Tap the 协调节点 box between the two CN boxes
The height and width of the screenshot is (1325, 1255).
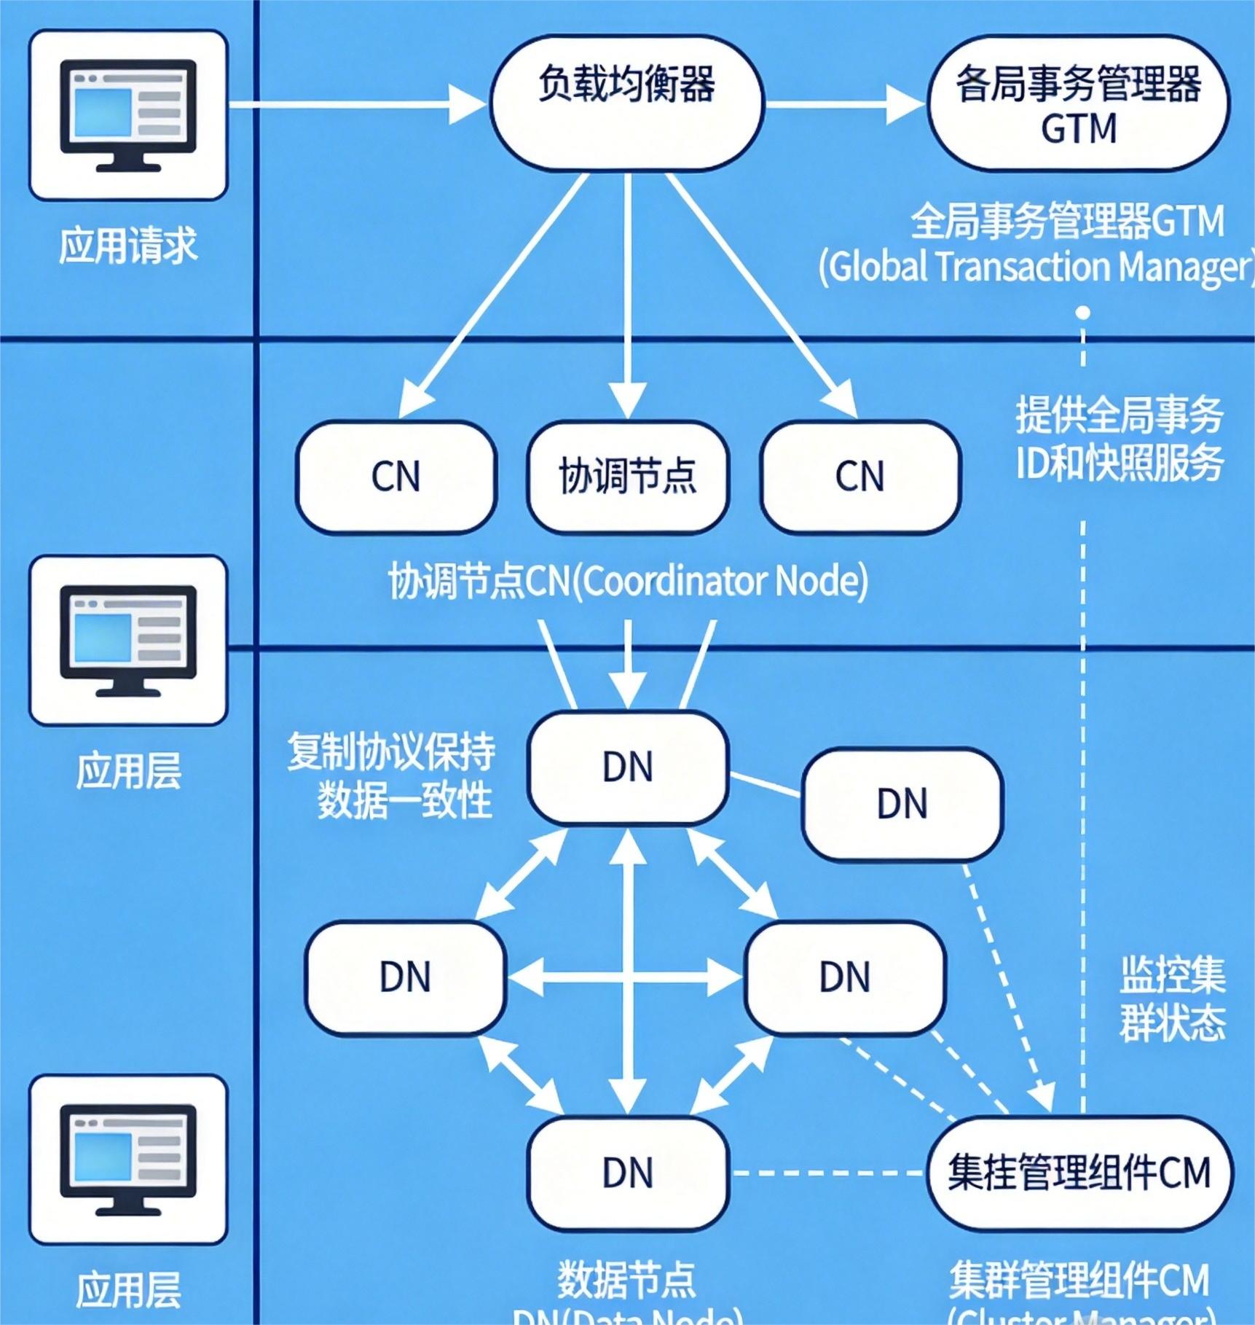[x=627, y=477]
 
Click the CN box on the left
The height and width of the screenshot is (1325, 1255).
[x=396, y=477]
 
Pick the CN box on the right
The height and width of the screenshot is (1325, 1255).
[x=860, y=477]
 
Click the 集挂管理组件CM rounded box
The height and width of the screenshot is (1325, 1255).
[x=1079, y=1173]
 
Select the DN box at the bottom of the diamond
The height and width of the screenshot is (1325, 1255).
[x=628, y=1173]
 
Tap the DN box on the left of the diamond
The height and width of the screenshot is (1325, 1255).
[x=406, y=977]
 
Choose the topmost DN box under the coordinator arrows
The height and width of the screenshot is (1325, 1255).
[x=628, y=767]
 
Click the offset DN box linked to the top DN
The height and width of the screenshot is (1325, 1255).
[x=902, y=805]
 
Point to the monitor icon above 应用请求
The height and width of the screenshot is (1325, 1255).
[x=128, y=115]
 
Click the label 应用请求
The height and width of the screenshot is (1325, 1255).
[x=128, y=246]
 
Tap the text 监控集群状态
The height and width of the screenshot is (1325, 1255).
[x=1172, y=999]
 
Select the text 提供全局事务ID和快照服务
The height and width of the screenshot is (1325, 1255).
[x=1119, y=439]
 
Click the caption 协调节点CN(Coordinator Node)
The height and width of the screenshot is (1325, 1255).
[x=628, y=582]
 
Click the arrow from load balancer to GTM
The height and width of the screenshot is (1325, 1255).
[x=845, y=106]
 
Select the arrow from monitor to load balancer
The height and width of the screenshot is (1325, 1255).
[x=357, y=106]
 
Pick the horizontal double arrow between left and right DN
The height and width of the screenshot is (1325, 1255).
[x=625, y=977]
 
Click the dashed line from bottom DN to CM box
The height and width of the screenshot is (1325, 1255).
[x=827, y=1173]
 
